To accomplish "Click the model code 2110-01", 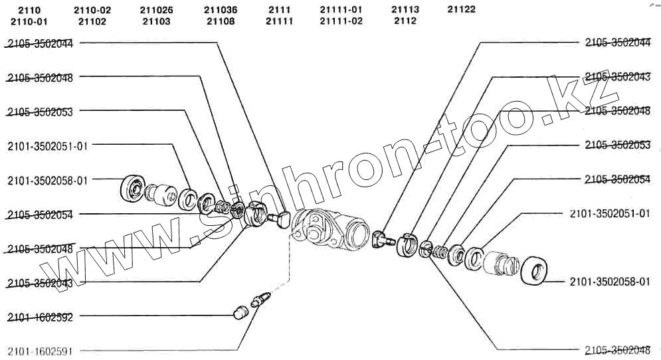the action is [29, 21].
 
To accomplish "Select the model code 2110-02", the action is [92, 10].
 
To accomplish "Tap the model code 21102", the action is [92, 21].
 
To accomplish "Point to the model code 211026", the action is [156, 10].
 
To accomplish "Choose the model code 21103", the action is [156, 21].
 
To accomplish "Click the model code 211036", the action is [221, 10].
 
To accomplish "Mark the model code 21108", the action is [221, 21].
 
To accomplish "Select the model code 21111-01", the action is [341, 10].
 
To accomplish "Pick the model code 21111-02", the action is [341, 21].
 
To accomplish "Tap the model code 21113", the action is [405, 10].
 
